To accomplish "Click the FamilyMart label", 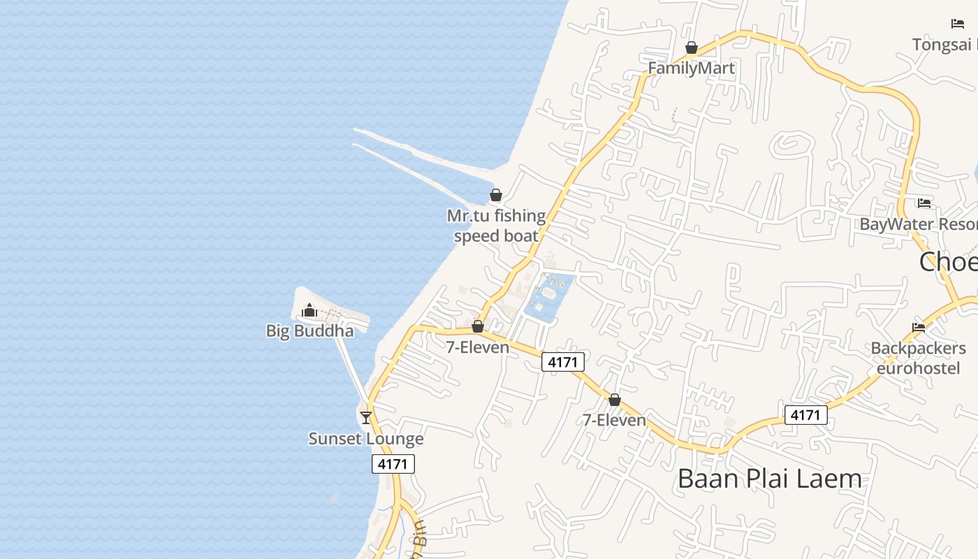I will pyautogui.click(x=691, y=68).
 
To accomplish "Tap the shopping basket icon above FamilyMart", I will pyautogui.click(x=692, y=48).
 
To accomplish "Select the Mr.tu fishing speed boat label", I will pyautogui.click(x=496, y=226).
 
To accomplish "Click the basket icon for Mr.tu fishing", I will pyautogui.click(x=495, y=195).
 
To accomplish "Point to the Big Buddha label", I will pyautogui.click(x=309, y=331).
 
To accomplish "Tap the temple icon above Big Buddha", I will pyautogui.click(x=309, y=310).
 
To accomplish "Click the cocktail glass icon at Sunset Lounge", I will pyautogui.click(x=366, y=417).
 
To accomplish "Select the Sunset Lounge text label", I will pyautogui.click(x=366, y=439).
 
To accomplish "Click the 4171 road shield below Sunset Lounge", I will pyautogui.click(x=393, y=464).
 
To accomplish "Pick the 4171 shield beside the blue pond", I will pyautogui.click(x=562, y=362).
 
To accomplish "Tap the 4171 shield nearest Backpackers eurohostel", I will pyautogui.click(x=805, y=415).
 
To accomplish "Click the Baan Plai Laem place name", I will pyautogui.click(x=770, y=479).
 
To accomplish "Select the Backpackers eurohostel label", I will pyautogui.click(x=918, y=358).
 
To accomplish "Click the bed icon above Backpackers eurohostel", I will pyautogui.click(x=919, y=327).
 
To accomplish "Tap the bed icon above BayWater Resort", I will pyautogui.click(x=924, y=203).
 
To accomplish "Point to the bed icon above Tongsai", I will pyautogui.click(x=958, y=24).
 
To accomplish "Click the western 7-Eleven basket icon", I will pyautogui.click(x=478, y=326).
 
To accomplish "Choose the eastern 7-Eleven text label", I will pyautogui.click(x=614, y=420).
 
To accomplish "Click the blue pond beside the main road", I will pyautogui.click(x=548, y=297).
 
